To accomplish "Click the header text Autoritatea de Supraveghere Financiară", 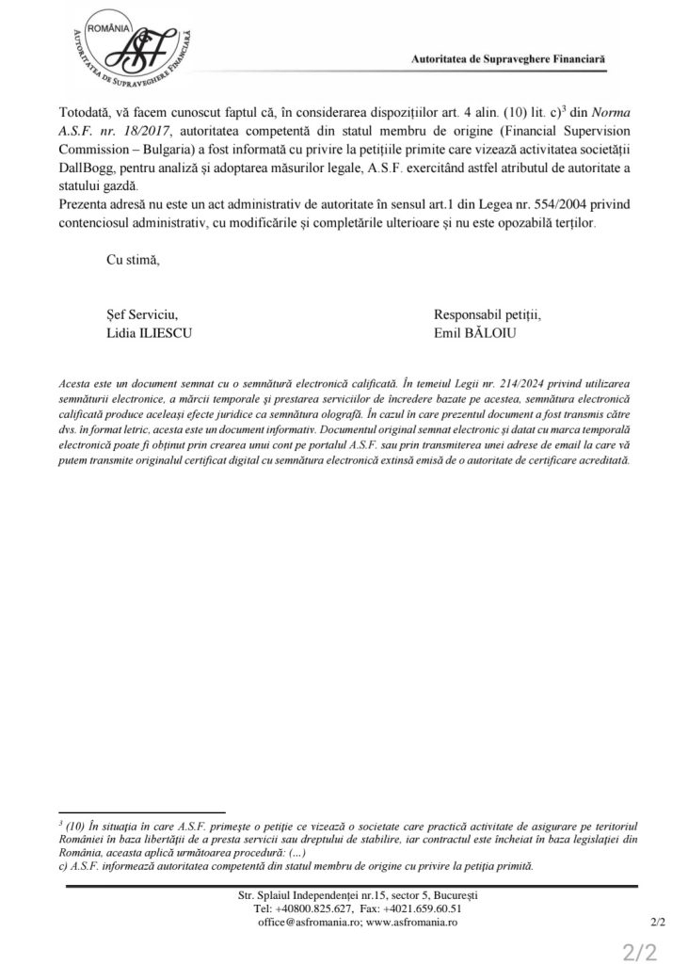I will coord(508,58).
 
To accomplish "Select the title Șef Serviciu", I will coord(142,315).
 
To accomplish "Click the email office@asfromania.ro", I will coord(296,924).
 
